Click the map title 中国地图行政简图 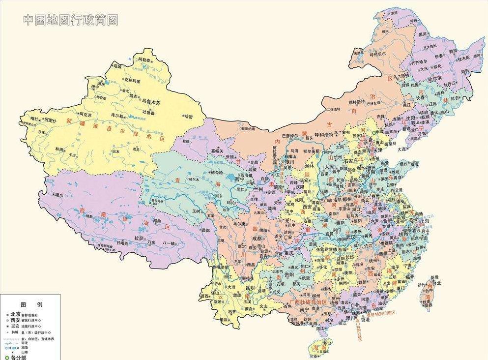pyautogui.click(x=71, y=20)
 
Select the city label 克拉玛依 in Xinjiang pyautogui.click(x=132, y=81)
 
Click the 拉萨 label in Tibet pyautogui.click(x=141, y=238)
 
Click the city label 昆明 pyautogui.click(x=250, y=288)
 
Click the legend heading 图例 pyautogui.click(x=31, y=305)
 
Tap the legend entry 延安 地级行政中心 pyautogui.click(x=25, y=326)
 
